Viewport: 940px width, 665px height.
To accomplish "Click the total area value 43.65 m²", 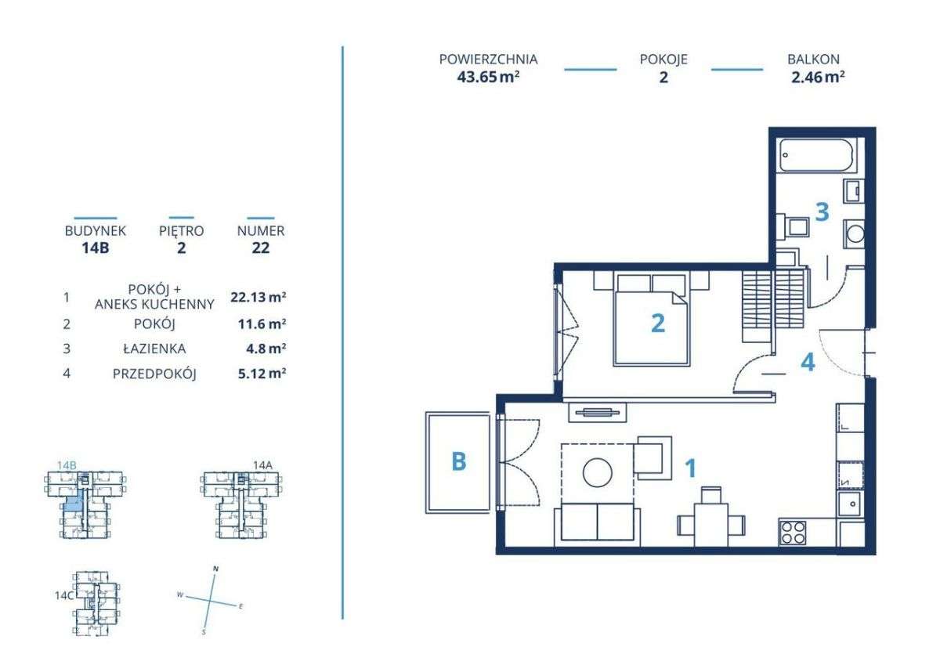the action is click(488, 78).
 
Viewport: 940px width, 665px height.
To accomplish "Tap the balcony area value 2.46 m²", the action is click(818, 78).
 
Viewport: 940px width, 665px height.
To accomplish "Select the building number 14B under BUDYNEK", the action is click(96, 248).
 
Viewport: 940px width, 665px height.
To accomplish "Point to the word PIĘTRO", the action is click(181, 231).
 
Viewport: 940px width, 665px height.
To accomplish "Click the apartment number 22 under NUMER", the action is click(261, 248).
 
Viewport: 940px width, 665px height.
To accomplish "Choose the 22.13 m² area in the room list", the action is click(258, 297).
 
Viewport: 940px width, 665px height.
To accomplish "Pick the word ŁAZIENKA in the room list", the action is click(154, 349).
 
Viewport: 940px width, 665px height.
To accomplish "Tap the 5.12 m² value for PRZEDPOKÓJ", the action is click(262, 373).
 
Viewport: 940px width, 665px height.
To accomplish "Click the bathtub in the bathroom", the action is click(815, 155).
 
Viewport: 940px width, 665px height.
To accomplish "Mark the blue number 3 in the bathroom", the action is click(822, 212).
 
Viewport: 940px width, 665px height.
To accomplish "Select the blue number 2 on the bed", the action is click(657, 323).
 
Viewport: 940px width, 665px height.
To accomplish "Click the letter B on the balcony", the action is click(459, 461).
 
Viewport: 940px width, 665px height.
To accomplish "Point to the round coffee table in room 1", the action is click(597, 472).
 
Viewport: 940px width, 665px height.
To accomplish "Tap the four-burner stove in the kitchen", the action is click(793, 533).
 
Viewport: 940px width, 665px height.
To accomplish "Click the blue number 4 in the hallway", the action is click(808, 362).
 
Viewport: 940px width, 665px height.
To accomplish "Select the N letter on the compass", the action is click(215, 569).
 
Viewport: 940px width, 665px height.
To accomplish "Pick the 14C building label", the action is click(64, 595).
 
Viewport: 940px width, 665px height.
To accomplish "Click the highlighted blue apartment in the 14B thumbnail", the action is click(72, 503).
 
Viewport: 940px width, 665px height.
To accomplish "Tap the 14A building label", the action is click(262, 464).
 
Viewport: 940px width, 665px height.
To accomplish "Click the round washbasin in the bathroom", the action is click(855, 234).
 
